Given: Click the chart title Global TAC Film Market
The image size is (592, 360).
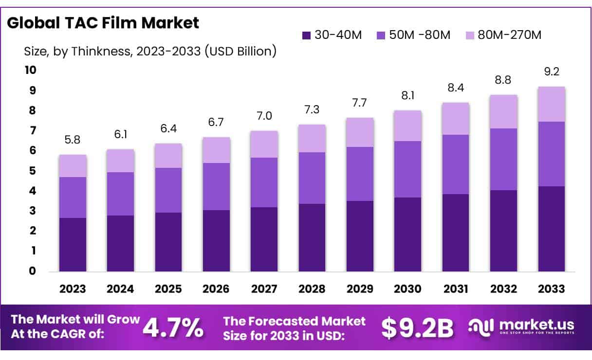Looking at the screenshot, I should pos(103,23).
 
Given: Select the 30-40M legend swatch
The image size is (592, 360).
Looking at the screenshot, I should pos(306,35).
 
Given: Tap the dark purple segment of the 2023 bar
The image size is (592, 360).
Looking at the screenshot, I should pos(73,244).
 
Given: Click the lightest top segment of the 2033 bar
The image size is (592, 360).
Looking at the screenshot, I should pos(552,104).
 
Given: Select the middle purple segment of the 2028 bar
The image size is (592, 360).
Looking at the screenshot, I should pos(312,178).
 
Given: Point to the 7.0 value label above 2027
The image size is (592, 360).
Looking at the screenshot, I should pos(264,116).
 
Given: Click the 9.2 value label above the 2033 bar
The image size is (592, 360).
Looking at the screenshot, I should pos(552,72).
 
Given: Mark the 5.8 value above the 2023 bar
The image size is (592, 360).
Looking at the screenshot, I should pos(73,140).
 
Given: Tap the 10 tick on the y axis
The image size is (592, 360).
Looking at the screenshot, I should pos(30,70).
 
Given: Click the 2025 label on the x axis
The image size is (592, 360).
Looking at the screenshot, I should pos(168,289).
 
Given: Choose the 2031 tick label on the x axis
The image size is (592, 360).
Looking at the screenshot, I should pos(456,289).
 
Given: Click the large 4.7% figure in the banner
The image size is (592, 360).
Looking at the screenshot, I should pos(173,328).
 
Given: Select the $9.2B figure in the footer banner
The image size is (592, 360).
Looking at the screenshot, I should pos(417,328).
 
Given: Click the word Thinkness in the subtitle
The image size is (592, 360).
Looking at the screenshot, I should pos(99,51).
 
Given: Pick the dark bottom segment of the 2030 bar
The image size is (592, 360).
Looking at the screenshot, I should pos(408,234).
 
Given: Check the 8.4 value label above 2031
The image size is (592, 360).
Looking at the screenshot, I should pos(456,88).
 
